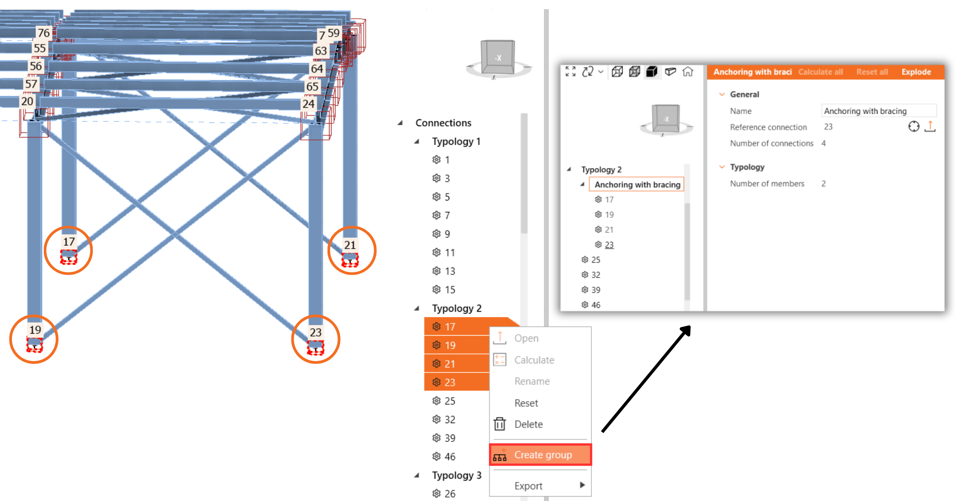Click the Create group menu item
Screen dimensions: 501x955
543,454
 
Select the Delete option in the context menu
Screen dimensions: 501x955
528,424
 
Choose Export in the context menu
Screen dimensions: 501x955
528,486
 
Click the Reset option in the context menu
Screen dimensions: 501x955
526,403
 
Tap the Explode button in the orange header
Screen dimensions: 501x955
916,72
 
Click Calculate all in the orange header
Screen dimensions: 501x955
821,72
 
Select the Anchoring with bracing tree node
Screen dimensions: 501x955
637,184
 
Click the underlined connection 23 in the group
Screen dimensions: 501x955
609,245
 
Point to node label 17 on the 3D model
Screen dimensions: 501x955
69,242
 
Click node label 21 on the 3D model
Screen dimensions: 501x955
350,245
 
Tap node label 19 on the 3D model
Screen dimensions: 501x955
35,330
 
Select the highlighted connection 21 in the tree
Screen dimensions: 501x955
450,364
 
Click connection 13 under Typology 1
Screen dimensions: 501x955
450,271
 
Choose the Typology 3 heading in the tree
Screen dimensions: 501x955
456,476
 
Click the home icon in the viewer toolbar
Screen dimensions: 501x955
688,72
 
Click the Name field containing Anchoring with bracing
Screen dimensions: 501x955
879,111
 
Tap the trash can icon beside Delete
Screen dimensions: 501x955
500,424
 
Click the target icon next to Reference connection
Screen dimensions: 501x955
914,126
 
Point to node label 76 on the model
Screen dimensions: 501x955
44,33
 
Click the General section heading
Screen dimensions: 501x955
744,94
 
